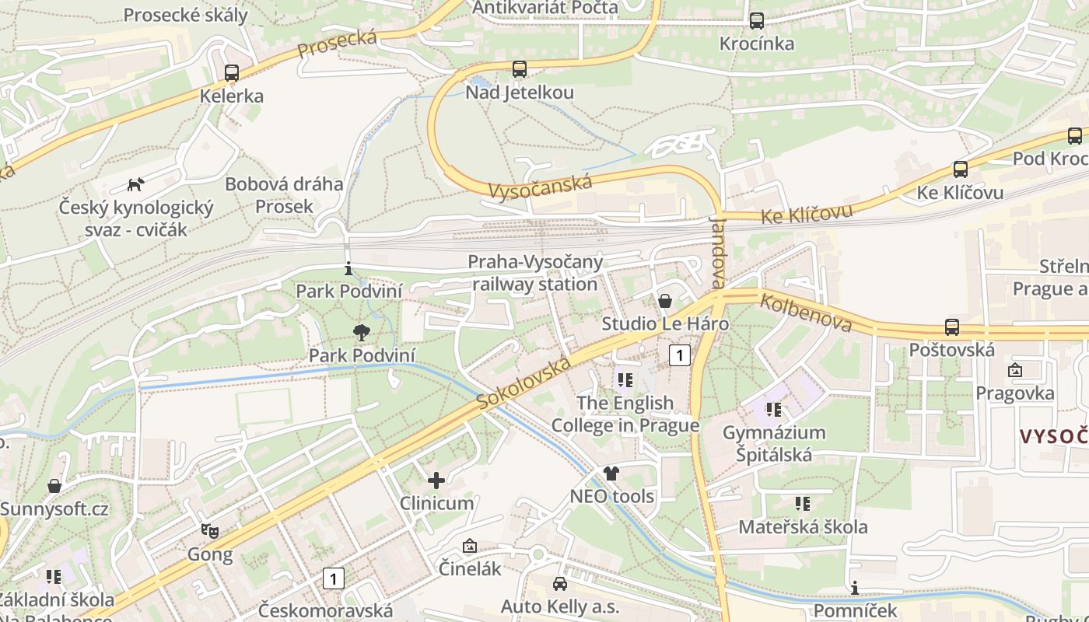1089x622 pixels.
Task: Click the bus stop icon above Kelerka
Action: [231, 73]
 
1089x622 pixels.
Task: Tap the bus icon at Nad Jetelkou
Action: [520, 69]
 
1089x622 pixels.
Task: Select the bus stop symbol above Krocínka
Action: [757, 21]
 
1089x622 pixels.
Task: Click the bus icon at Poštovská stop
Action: [952, 327]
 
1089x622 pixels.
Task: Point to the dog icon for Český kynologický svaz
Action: [136, 185]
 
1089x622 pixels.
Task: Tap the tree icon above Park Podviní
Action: [362, 333]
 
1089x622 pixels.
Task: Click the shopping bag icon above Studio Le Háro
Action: [665, 301]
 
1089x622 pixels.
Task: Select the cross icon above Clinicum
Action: [436, 480]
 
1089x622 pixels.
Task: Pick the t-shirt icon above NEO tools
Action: [611, 473]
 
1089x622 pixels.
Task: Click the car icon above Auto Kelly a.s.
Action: [559, 584]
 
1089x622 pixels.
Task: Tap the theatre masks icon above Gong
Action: [209, 531]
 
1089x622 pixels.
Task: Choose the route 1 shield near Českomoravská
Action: [333, 578]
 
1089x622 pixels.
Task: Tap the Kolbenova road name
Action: [807, 312]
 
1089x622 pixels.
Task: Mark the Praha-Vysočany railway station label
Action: [535, 273]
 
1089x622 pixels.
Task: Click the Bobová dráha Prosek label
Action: [284, 195]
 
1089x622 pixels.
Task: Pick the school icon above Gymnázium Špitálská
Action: [773, 409]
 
